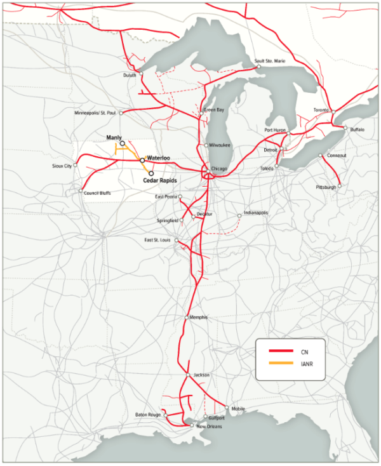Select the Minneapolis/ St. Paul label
pyautogui.click(x=95, y=113)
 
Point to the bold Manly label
pyautogui.click(x=114, y=137)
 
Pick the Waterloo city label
pyautogui.click(x=159, y=156)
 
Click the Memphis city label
pyautogui.click(x=199, y=317)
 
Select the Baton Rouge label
pyautogui.click(x=149, y=415)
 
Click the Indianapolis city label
pyautogui.click(x=256, y=213)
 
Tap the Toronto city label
pyautogui.click(x=321, y=110)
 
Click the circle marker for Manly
pyautogui.click(x=122, y=143)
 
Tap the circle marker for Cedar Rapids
pyautogui.click(x=151, y=173)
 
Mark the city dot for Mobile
pyautogui.click(x=227, y=408)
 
